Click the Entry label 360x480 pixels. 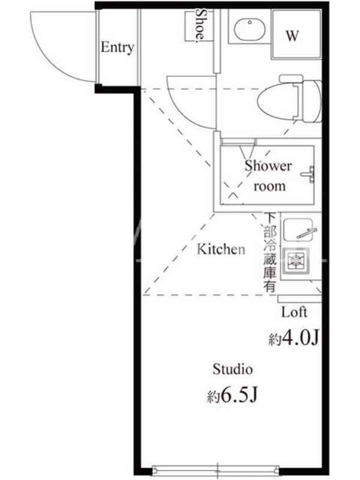tap(118, 47)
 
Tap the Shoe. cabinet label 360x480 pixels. tap(200, 25)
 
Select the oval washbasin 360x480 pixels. tap(250, 29)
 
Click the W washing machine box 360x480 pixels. tap(296, 34)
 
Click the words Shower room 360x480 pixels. tap(268, 176)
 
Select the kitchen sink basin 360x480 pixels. tap(298, 230)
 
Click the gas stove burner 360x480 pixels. tap(296, 260)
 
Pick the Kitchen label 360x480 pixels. tap(221, 249)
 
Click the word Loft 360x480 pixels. tap(294, 312)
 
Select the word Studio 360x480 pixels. tap(233, 369)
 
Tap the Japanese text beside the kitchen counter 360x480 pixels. tap(270, 252)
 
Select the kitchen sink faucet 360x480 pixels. tap(307, 233)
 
